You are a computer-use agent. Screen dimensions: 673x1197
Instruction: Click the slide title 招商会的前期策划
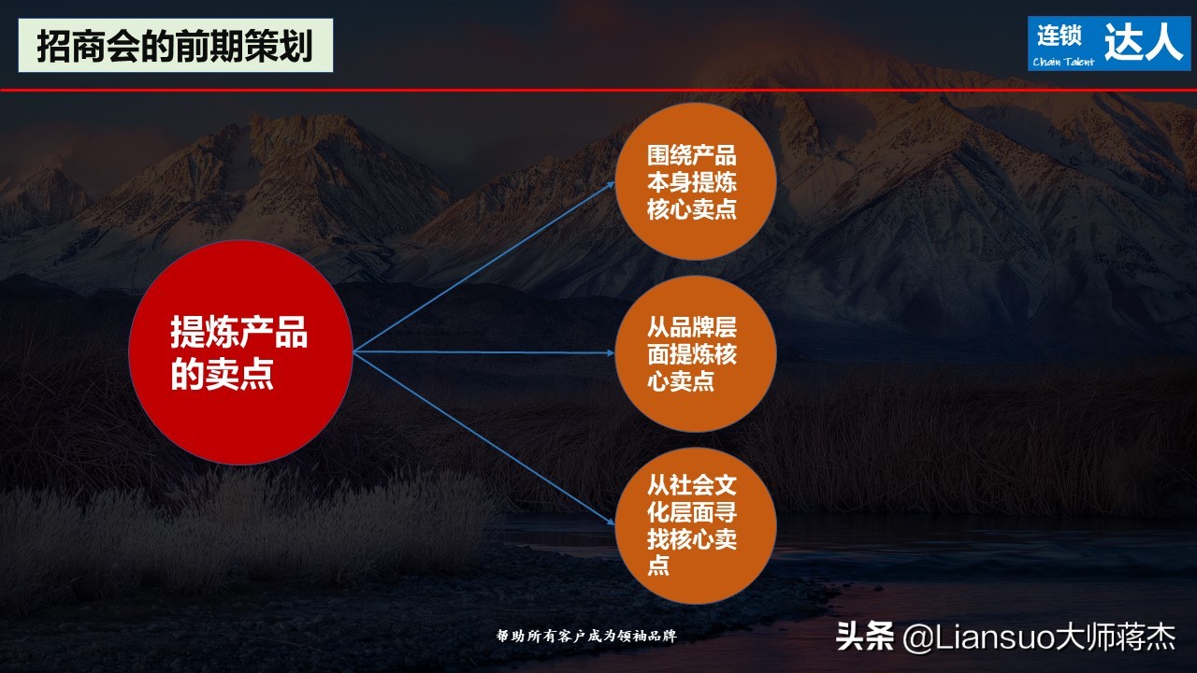click(175, 45)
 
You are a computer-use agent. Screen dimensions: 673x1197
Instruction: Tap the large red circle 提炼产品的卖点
click(240, 352)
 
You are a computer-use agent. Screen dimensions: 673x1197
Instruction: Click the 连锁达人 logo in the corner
click(1109, 43)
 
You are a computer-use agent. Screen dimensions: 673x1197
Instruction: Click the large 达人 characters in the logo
click(1144, 42)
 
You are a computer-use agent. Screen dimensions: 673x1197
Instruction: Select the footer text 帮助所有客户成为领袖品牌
click(585, 637)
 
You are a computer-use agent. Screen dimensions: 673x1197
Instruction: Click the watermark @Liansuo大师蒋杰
click(1038, 638)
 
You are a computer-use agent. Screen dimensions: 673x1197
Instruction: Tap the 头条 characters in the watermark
click(865, 637)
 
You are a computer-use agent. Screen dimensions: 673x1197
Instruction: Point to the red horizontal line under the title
click(598, 90)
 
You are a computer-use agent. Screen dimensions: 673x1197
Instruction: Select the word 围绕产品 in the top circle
click(692, 155)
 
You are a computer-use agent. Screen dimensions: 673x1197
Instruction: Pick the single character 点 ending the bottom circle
click(658, 565)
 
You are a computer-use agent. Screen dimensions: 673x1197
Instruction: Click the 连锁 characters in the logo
click(1059, 36)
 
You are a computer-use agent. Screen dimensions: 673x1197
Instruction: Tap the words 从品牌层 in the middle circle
click(692, 328)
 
